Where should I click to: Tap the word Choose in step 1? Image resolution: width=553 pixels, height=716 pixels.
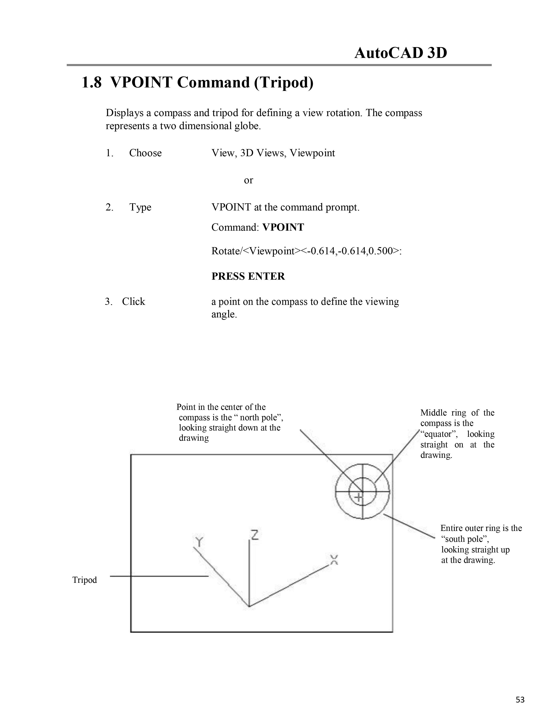click(x=145, y=153)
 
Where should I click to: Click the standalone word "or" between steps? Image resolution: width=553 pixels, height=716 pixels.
click(x=248, y=180)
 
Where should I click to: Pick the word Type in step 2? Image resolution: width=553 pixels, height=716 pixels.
click(x=140, y=207)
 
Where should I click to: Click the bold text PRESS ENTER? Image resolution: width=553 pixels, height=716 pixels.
click(x=248, y=276)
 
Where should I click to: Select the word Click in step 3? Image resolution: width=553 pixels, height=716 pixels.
click(x=133, y=302)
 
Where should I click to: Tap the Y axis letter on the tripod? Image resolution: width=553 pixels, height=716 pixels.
click(x=198, y=542)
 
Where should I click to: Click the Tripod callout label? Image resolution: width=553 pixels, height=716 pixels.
click(x=85, y=580)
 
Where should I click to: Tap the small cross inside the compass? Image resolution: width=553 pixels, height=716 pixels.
click(x=359, y=497)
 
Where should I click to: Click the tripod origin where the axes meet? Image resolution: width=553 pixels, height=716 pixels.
click(x=249, y=606)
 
